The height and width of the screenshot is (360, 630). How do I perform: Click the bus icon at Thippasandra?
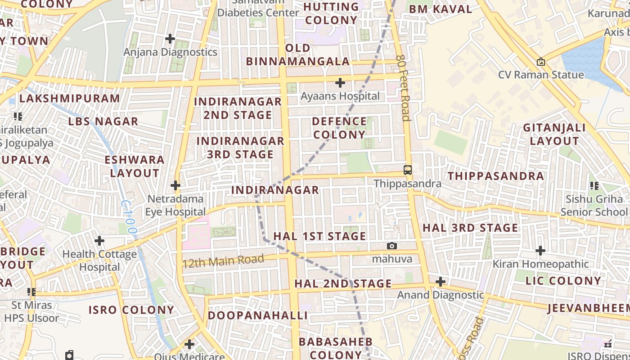click(x=407, y=170)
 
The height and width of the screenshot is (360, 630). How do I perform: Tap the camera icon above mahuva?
click(x=392, y=246)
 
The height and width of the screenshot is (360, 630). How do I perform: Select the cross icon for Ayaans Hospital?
click(x=340, y=83)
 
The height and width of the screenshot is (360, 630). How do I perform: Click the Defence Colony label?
click(x=339, y=128)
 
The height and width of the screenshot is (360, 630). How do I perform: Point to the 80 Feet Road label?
click(x=404, y=88)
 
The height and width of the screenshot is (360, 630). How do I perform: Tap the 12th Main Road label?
click(x=223, y=261)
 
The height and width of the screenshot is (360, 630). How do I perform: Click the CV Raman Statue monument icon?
click(x=541, y=62)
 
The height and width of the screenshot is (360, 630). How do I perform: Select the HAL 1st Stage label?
click(x=319, y=236)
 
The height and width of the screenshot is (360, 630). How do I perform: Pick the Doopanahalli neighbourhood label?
click(x=257, y=315)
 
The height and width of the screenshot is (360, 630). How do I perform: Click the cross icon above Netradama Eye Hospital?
click(x=175, y=185)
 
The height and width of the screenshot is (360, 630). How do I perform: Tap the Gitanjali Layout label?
click(x=554, y=134)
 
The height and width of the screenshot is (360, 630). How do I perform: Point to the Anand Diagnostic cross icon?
click(x=441, y=282)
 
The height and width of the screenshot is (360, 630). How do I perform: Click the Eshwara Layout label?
click(x=135, y=166)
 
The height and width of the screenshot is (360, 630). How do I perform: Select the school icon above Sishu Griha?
click(x=594, y=185)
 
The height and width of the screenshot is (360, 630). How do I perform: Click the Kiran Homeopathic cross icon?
click(x=540, y=251)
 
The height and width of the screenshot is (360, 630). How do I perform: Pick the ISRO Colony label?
click(x=131, y=310)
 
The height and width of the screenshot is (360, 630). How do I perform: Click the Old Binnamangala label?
click(x=298, y=54)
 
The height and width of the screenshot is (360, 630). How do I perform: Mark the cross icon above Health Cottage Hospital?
click(x=99, y=241)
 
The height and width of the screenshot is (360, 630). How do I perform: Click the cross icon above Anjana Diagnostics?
click(x=170, y=39)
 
